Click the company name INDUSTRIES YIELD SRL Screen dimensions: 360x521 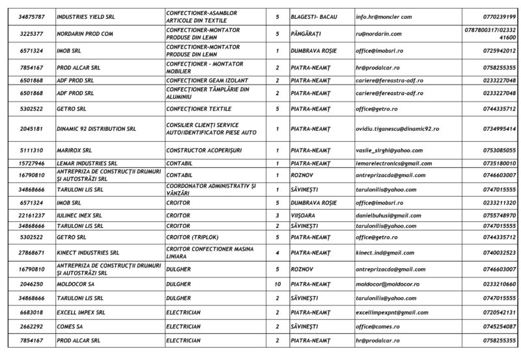(x=85, y=16)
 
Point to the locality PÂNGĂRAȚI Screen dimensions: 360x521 (x=308, y=33)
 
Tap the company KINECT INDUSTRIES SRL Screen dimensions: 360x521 (x=88, y=252)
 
